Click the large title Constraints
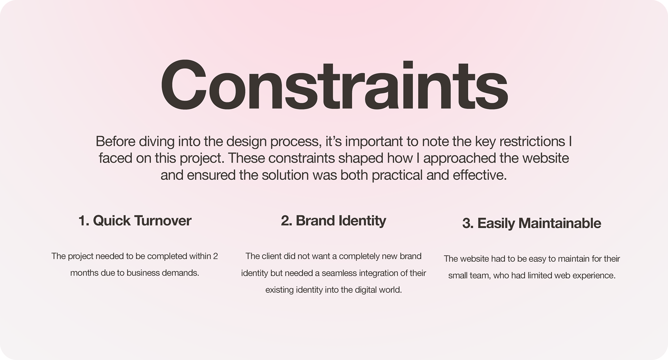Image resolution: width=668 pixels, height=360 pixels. click(334, 85)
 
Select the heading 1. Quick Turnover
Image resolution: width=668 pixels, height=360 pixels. click(135, 221)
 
